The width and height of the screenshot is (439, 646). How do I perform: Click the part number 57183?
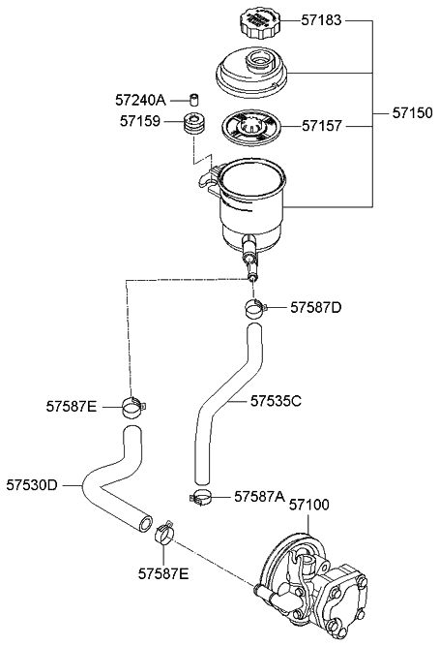point(323,19)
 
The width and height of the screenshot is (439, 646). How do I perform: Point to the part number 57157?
point(323,125)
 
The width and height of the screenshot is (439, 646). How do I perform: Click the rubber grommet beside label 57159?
point(194,124)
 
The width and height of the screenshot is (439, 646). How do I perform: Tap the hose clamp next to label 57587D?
point(254,311)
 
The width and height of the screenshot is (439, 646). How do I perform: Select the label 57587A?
point(259,496)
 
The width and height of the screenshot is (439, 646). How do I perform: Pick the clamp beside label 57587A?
point(203,499)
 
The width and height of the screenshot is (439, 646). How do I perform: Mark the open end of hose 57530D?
point(145,524)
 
